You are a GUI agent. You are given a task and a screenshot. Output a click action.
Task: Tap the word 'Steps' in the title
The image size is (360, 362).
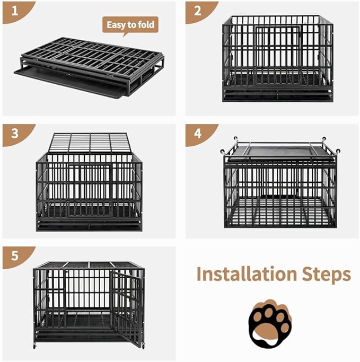pyautogui.click(x=325, y=274)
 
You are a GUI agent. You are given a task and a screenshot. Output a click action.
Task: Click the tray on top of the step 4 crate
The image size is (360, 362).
pyautogui.click(x=279, y=151)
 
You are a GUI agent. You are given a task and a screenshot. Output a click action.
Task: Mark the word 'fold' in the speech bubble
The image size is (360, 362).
pyautogui.click(x=147, y=25)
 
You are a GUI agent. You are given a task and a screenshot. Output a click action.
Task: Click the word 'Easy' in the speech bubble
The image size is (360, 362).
pyautogui.click(x=118, y=25)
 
